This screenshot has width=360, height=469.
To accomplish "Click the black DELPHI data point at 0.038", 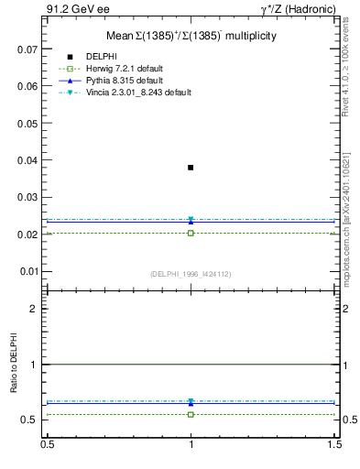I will [x=191, y=168].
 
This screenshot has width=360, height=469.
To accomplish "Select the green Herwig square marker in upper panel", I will [x=191, y=233].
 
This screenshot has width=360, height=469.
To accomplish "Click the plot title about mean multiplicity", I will [x=191, y=36].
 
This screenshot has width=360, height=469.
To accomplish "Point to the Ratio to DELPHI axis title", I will [x=14, y=364].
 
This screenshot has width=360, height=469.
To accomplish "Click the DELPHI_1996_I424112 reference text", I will [x=191, y=273].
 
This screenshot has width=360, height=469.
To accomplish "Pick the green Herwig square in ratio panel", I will [x=191, y=414].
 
